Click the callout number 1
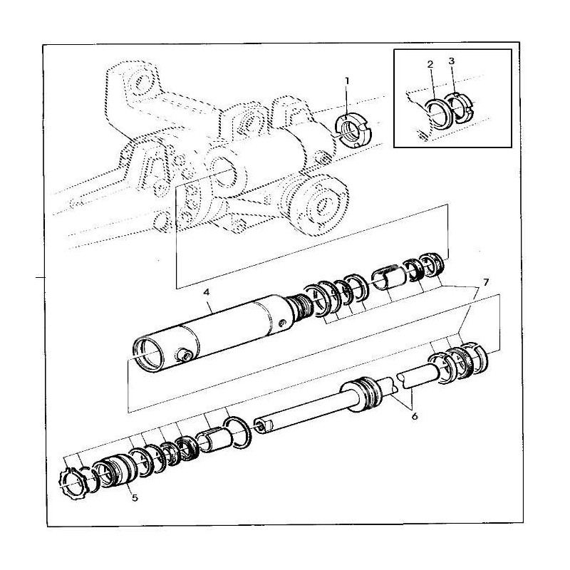tap(347, 81)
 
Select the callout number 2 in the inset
tap(430, 65)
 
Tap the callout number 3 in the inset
tap(451, 61)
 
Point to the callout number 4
tap(206, 292)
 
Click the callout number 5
tap(135, 497)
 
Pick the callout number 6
tap(415, 416)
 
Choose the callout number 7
tap(486, 281)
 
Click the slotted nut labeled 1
tap(352, 131)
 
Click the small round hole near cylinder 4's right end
tap(281, 323)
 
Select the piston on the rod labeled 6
tap(361, 395)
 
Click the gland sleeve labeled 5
tap(115, 474)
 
